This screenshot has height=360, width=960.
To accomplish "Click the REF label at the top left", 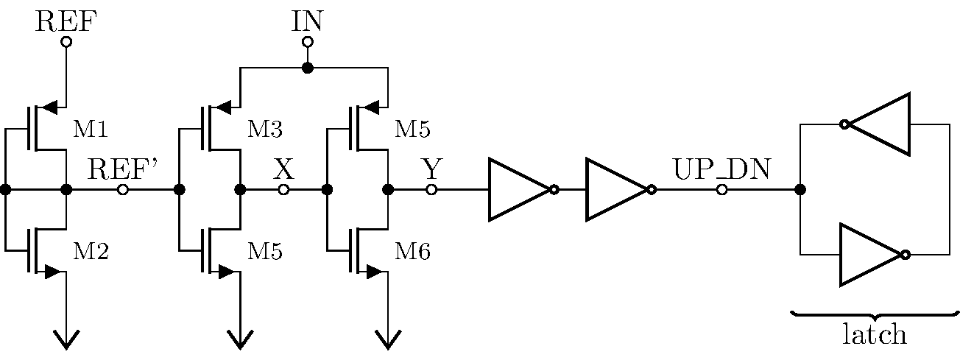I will [x=66, y=21].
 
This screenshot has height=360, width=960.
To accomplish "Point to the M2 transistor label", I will [x=91, y=252].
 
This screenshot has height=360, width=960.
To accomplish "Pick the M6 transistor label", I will [x=413, y=252].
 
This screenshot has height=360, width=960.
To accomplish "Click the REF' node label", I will [x=123, y=170].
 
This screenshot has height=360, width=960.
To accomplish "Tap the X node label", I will [x=283, y=170].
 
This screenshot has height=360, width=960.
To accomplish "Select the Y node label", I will [x=431, y=170].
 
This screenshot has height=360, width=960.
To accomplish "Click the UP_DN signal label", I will [x=721, y=170].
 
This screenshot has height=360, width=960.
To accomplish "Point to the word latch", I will [x=874, y=335].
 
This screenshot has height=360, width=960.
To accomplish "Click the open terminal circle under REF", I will [x=66, y=42].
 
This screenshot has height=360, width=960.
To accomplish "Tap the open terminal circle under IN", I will [x=308, y=42].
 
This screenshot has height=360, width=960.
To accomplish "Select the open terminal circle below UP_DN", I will [x=721, y=190].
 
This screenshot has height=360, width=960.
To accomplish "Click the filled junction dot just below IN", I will [x=308, y=68].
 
